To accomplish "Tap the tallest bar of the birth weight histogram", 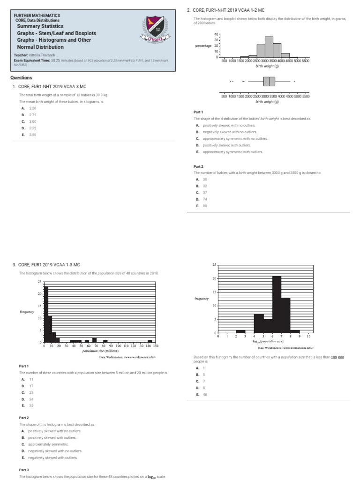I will coord(269,47).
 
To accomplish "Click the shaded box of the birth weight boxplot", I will coord(269,82).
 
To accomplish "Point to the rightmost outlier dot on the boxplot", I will coord(294,82).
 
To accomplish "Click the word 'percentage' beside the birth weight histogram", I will coord(204,46).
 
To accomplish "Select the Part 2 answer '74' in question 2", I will coord(205,199).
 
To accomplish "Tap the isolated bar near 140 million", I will coord(150,341).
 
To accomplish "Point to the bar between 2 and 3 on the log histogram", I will coord(240,331).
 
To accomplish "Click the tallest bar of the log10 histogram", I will coord(277,304).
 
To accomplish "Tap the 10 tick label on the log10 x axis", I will coord(308,337).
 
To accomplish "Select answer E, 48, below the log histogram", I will coord(205,395).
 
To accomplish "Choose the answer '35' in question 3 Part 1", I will coord(31,405).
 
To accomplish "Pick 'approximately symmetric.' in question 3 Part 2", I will coord(48,444).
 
